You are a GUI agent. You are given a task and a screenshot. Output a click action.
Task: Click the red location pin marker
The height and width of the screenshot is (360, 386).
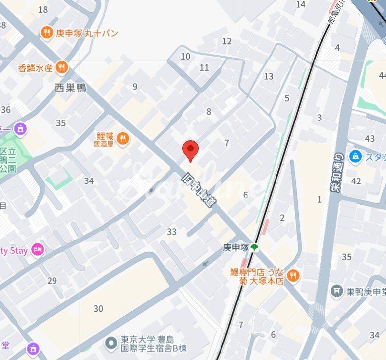click(x=190, y=150)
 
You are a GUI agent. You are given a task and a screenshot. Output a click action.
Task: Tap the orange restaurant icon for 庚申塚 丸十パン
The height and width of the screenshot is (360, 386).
click(x=47, y=33)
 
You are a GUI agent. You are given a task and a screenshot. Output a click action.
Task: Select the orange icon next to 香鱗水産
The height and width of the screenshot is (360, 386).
click(x=62, y=67)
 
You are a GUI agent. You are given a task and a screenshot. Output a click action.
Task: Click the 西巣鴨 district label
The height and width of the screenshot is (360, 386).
click(x=70, y=88)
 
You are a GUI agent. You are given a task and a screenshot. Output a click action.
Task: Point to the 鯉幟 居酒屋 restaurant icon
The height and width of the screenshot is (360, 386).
click(x=123, y=139)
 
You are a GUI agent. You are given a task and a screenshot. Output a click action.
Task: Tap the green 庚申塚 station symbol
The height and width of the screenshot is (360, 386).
click(x=254, y=247)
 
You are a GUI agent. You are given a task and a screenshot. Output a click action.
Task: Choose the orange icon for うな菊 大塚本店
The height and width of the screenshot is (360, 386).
click(x=293, y=276)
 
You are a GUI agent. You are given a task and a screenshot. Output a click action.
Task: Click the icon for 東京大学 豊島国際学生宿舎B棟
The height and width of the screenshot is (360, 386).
click(x=111, y=342)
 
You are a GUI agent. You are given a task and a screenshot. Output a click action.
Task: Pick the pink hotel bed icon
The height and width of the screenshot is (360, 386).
click(x=37, y=250)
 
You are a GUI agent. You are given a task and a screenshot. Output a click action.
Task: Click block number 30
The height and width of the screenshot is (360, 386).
click(x=98, y=309)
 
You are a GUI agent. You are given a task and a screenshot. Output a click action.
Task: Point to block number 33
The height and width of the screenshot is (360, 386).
click(x=172, y=232)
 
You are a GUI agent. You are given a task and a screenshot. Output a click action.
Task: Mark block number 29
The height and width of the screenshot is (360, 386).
click(x=52, y=281)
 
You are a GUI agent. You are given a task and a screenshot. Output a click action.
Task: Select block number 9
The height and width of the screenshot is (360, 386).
click(x=135, y=87)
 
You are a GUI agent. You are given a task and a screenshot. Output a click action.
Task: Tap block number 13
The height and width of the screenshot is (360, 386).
click(x=269, y=76)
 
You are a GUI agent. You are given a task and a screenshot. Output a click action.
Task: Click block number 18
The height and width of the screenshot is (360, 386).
click(x=43, y=10)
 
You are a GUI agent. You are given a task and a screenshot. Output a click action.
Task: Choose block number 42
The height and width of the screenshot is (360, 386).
click(x=356, y=181)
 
